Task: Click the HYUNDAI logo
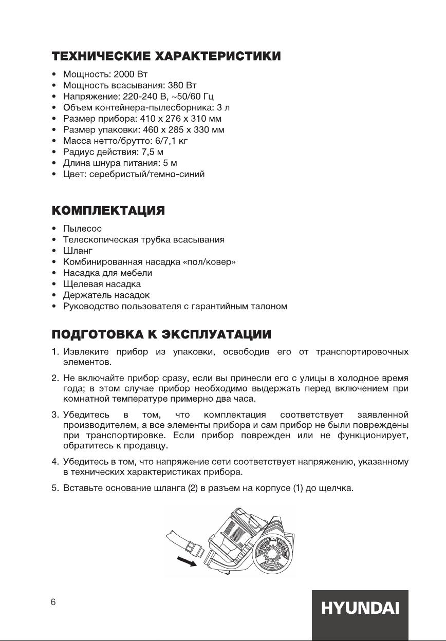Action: tap(360, 609)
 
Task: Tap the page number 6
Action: tap(53, 602)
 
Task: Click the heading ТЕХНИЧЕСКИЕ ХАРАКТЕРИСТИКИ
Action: tap(166, 56)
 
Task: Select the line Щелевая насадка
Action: tap(102, 284)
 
